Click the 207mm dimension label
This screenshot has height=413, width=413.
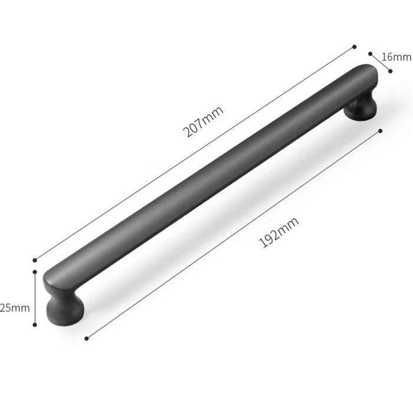point(203,122)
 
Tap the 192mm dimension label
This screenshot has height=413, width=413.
point(279,232)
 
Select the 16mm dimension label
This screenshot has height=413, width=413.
point(396,57)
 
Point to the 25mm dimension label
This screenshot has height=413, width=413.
point(15,307)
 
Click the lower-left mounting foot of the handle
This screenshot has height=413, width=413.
point(65,310)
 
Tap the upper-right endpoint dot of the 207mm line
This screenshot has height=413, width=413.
point(354,47)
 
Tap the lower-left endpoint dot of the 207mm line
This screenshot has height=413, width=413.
point(35,261)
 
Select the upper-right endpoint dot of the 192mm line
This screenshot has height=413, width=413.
point(380,131)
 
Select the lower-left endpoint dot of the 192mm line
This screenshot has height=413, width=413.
point(86,339)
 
